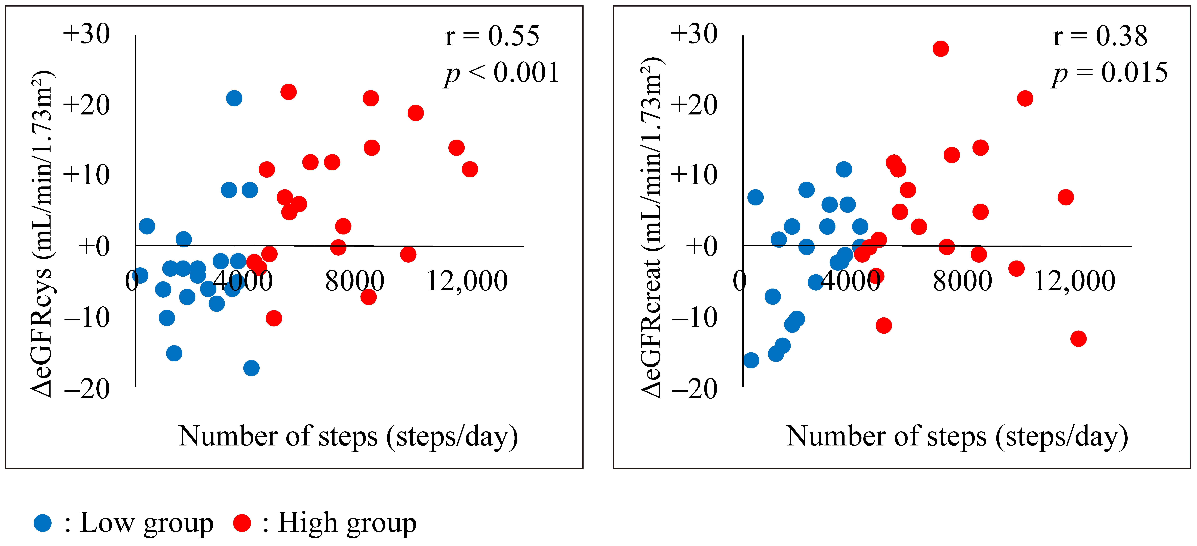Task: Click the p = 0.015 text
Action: pyautogui.click(x=1110, y=73)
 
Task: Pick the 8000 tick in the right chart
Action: pyautogui.click(x=962, y=281)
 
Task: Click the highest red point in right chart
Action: pyautogui.click(x=941, y=49)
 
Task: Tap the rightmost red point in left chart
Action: pyautogui.click(x=470, y=169)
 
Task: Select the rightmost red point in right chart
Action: pyautogui.click(x=1078, y=339)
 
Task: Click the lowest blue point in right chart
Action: pyautogui.click(x=751, y=360)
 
